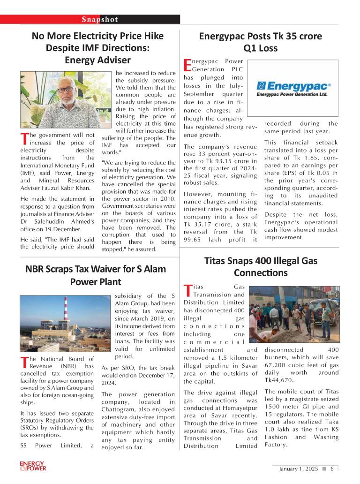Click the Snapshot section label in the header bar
[100, 19]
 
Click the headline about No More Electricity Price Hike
[97, 48]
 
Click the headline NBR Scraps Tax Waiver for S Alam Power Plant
[96, 275]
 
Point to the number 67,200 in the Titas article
[277, 365]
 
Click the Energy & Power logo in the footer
[33, 466]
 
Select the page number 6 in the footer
[331, 469]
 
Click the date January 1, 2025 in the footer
[299, 469]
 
